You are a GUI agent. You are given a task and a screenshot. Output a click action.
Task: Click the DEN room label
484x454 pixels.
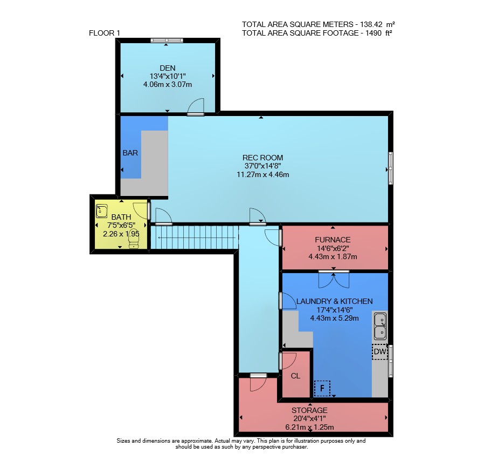(168, 68)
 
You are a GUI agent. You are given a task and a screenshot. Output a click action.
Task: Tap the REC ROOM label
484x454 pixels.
(262, 158)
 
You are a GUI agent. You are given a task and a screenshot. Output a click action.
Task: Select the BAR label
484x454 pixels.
(130, 153)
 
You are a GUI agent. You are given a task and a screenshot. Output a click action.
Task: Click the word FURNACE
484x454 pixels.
(333, 240)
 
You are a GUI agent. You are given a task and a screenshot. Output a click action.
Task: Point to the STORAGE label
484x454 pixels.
(309, 410)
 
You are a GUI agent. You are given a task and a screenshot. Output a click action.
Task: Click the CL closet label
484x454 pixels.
(295, 376)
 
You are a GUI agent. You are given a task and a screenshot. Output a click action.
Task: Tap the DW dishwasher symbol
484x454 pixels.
(379, 351)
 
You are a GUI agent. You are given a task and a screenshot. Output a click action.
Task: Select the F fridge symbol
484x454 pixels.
(322, 388)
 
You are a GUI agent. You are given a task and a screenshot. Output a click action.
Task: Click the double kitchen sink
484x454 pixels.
(381, 327)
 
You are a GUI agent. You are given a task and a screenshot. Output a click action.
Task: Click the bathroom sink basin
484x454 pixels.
(101, 211)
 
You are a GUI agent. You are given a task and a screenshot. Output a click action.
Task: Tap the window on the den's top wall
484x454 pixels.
(167, 40)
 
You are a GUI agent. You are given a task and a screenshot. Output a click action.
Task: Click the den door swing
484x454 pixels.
(196, 106)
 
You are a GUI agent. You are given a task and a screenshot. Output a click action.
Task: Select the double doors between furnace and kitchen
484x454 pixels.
(334, 279)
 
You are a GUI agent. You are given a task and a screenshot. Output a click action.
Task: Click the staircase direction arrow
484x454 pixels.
(197, 238)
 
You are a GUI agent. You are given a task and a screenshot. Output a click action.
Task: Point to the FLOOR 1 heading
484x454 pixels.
(105, 33)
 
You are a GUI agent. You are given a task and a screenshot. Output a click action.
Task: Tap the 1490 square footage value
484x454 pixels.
(374, 33)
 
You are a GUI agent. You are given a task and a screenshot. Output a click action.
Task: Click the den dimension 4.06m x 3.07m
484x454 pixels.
(168, 84)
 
